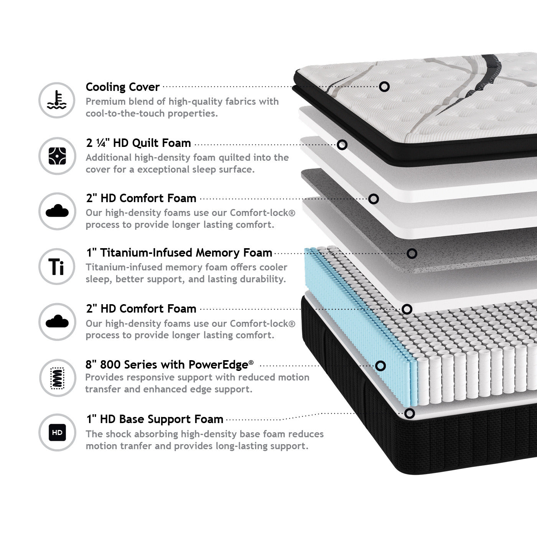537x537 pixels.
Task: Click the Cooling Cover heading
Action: pos(122,87)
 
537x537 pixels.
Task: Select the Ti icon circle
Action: pos(57,266)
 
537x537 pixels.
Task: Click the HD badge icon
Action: pos(57,433)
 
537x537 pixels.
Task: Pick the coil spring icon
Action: pos(57,377)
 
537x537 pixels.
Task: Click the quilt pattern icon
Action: pos(57,156)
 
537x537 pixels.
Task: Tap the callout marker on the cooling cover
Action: pos(384,86)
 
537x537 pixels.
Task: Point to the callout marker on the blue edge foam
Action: pos(380,366)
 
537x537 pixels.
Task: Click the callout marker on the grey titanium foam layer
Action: pos(412,254)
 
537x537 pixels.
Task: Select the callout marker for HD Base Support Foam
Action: pos(410,413)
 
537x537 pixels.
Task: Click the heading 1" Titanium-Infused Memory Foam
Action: pos(179,253)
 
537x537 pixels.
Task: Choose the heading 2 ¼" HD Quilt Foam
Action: pos(138,143)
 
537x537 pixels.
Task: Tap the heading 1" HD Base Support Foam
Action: pos(155,419)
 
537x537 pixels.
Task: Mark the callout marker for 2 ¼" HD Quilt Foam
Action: pos(342,145)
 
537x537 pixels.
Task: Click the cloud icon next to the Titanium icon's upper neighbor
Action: pos(57,211)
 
